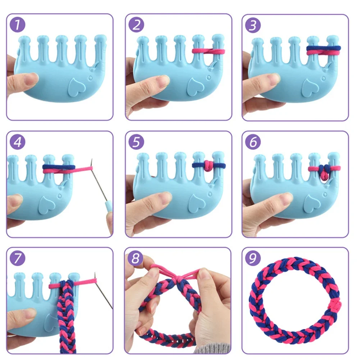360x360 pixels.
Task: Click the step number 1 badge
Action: [x=18, y=25]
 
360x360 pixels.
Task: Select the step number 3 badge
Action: [x=253, y=25]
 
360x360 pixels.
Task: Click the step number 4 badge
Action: [x=18, y=142]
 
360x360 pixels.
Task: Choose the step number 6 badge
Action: [x=253, y=142]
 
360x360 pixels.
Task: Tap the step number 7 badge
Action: [x=18, y=259]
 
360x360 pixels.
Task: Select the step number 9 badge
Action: [x=253, y=259]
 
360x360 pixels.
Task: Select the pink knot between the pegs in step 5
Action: [x=208, y=165]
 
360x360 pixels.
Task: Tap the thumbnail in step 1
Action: [x=32, y=78]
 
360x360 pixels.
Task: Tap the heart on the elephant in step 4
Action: [x=47, y=202]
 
